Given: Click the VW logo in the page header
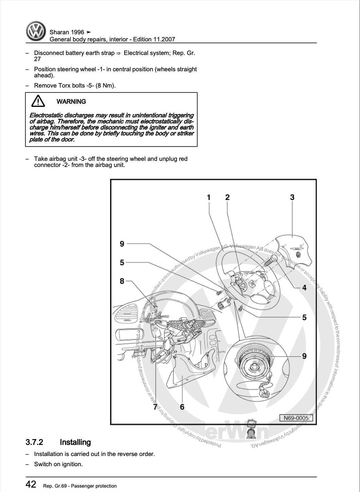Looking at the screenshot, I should click(x=36, y=32).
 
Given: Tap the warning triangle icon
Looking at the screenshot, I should click(x=38, y=101).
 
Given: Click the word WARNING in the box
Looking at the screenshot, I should click(x=71, y=101).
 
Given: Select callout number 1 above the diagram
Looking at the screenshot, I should click(x=209, y=197).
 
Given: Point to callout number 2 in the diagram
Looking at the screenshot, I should click(x=227, y=197).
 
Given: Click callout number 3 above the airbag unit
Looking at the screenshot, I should click(x=292, y=197).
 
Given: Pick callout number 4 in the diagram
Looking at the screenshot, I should click(x=304, y=288).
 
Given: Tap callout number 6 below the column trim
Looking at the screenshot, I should click(x=182, y=407).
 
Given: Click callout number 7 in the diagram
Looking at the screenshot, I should click(x=155, y=407).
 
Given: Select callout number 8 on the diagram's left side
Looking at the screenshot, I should click(x=122, y=281).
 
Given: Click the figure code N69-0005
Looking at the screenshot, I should click(x=296, y=418).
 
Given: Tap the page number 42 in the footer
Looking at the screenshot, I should click(x=31, y=484).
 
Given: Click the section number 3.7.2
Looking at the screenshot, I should click(x=34, y=442).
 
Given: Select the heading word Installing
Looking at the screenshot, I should click(x=75, y=442).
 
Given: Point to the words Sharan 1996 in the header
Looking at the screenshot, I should click(x=67, y=32).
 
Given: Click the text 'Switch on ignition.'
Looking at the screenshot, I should click(x=58, y=464).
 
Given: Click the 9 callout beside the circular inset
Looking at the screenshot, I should click(x=304, y=356).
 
